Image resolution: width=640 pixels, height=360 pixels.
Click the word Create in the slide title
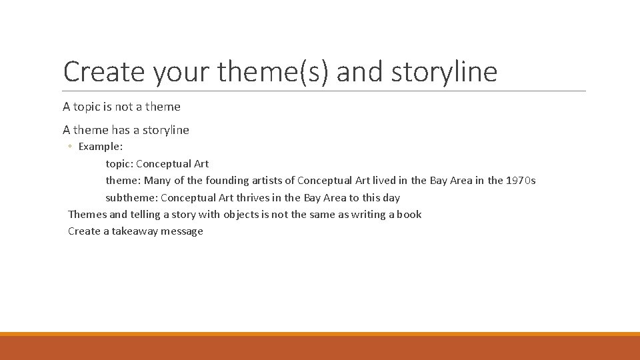tap(105, 71)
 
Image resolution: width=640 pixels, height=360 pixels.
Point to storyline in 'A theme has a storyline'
tap(165, 130)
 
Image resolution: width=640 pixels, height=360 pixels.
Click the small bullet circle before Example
tap(70, 147)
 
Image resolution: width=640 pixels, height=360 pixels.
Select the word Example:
tap(101, 146)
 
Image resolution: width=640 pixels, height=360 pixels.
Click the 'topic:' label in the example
tap(119, 163)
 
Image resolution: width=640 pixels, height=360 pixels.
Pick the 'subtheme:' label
tap(131, 197)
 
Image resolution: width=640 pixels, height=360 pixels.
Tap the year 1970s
tap(521, 180)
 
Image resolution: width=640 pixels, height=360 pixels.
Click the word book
tap(409, 214)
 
